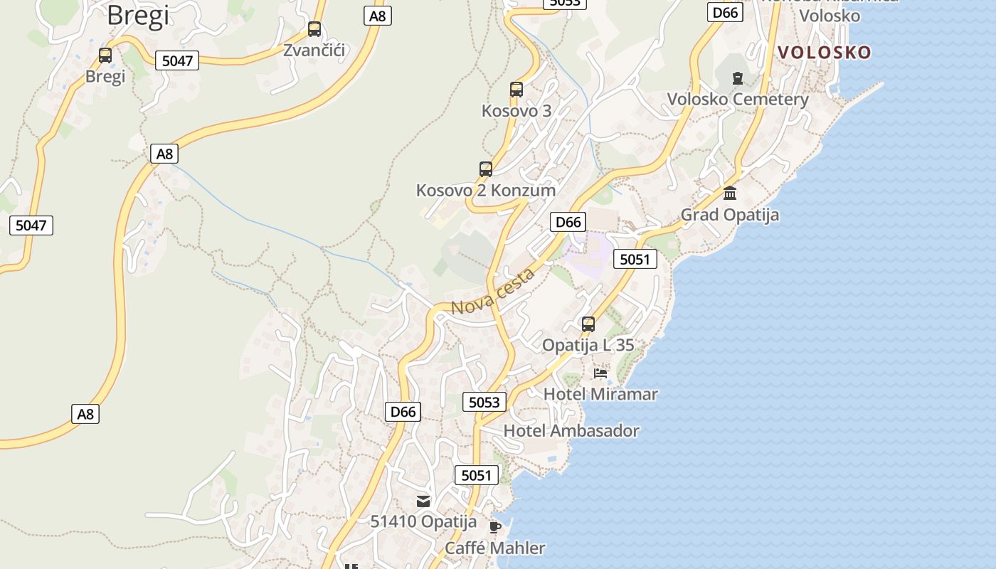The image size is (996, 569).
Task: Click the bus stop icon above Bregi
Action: (105, 55)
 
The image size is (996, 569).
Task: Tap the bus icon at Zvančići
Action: (314, 29)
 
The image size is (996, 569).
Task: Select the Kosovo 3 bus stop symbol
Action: (516, 90)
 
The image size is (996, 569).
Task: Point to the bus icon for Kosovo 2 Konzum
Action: (486, 169)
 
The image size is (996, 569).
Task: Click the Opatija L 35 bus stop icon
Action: (588, 324)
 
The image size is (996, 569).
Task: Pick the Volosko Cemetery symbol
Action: (738, 78)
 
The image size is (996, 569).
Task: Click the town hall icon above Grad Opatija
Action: (730, 193)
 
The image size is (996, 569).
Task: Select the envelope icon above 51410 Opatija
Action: (423, 501)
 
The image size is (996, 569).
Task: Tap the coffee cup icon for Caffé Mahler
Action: (495, 527)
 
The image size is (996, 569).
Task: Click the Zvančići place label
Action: (314, 50)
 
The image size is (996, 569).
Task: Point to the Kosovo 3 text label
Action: (516, 110)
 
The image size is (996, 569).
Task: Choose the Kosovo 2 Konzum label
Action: (486, 190)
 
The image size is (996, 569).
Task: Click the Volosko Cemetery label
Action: (738, 99)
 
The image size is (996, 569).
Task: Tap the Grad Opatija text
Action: (730, 214)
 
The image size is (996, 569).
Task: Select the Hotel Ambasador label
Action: (571, 430)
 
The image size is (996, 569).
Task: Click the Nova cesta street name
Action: (492, 292)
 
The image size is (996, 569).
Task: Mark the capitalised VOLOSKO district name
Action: (824, 52)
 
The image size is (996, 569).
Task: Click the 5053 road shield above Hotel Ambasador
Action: (484, 402)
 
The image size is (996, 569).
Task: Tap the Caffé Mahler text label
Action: (495, 548)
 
